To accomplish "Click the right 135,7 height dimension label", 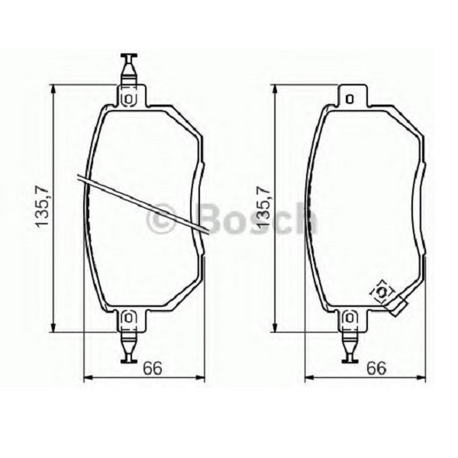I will [264, 204].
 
